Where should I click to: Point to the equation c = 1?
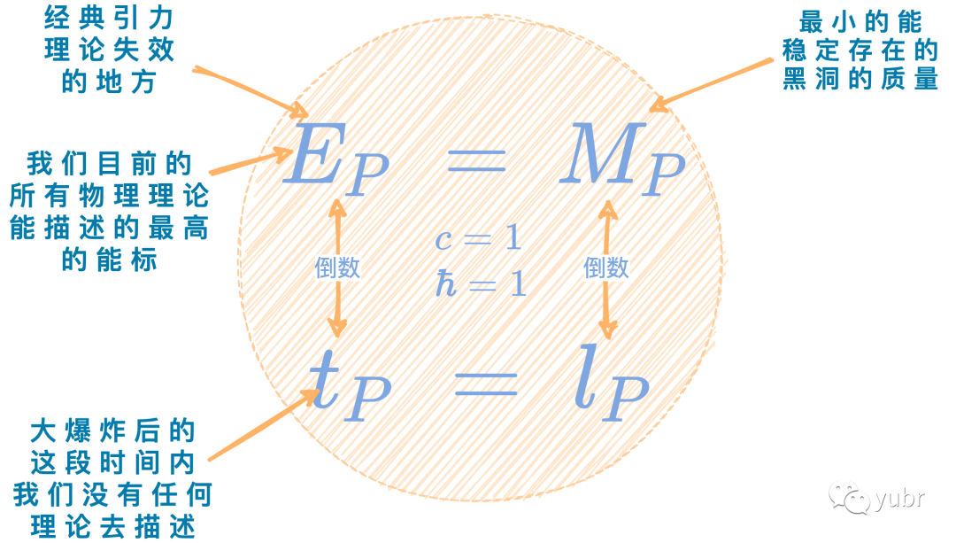point(478,238)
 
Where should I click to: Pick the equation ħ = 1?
point(479,283)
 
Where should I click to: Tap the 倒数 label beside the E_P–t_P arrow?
point(337,268)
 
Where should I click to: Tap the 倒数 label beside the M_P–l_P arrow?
point(606,268)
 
